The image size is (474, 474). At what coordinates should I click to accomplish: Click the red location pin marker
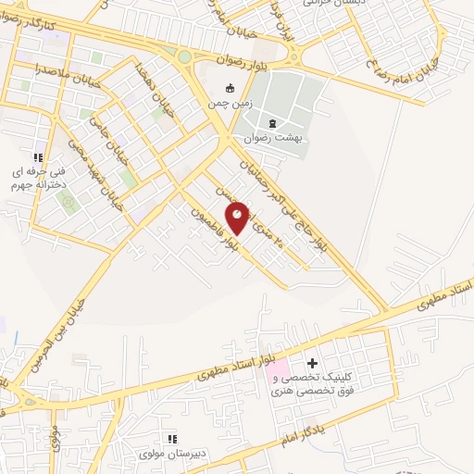click(x=238, y=217)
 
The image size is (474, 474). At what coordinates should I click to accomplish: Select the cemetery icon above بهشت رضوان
click(x=271, y=123)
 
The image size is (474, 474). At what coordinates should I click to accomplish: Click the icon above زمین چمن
click(x=231, y=89)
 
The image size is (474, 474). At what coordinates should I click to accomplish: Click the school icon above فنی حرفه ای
click(x=38, y=159)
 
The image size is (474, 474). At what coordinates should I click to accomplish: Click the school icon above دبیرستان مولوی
click(x=170, y=439)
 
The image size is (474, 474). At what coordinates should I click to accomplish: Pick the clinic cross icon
click(x=312, y=363)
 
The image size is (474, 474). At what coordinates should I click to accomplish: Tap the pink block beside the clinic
click(x=278, y=376)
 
